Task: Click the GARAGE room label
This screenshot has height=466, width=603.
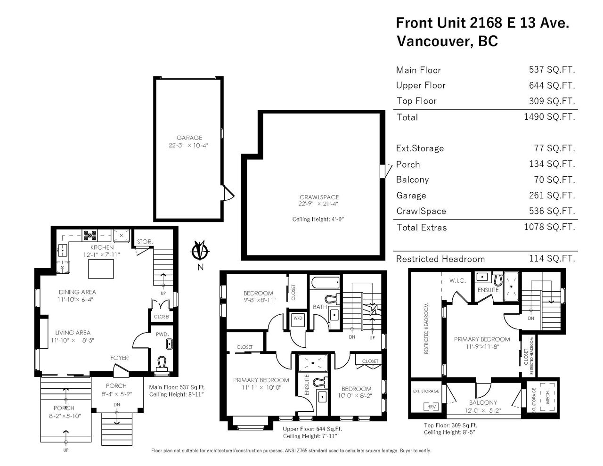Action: pyautogui.click(x=189, y=138)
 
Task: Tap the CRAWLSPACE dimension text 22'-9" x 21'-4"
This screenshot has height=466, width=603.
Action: pyautogui.click(x=318, y=204)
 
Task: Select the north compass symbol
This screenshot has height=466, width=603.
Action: pyautogui.click(x=200, y=251)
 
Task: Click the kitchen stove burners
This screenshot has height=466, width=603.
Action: pyautogui.click(x=90, y=236)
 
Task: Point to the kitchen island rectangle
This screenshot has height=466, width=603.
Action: pyautogui.click(x=101, y=269)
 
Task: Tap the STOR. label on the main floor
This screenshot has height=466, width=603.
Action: pyautogui.click(x=145, y=242)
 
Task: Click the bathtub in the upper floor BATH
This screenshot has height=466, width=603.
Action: pyautogui.click(x=325, y=283)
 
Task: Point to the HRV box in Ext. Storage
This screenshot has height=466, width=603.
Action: pyautogui.click(x=431, y=407)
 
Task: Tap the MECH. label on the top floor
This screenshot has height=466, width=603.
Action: pyautogui.click(x=547, y=397)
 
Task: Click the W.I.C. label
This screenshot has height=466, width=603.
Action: pyautogui.click(x=457, y=281)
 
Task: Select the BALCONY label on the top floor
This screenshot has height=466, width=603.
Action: pyautogui.click(x=483, y=402)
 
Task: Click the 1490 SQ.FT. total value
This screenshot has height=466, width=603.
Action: pyautogui.click(x=549, y=117)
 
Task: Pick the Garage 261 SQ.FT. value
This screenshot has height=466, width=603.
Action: pyautogui.click(x=552, y=196)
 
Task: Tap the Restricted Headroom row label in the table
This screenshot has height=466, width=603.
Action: pyautogui.click(x=440, y=259)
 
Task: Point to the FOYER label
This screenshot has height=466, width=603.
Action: pyautogui.click(x=119, y=358)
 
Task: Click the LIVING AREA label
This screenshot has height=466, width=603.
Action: pyautogui.click(x=73, y=333)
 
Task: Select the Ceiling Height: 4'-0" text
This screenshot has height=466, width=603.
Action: pyautogui.click(x=318, y=219)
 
